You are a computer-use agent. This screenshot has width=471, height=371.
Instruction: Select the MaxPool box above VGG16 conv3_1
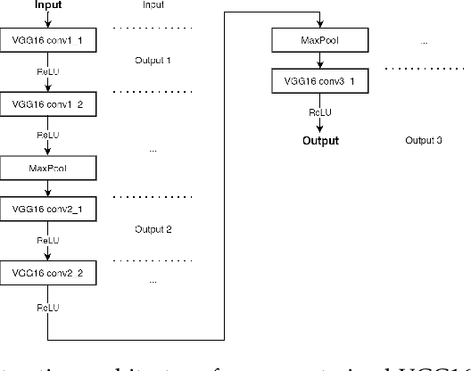point(319,42)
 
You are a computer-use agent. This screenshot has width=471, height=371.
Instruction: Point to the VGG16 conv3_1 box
point(319,83)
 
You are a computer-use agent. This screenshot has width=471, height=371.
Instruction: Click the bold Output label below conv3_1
point(320,140)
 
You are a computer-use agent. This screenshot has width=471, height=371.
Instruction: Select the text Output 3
point(424,141)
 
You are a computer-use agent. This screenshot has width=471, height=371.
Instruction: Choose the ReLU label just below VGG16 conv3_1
point(320,112)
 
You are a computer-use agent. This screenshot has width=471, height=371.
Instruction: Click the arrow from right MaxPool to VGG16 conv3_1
point(319,62)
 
